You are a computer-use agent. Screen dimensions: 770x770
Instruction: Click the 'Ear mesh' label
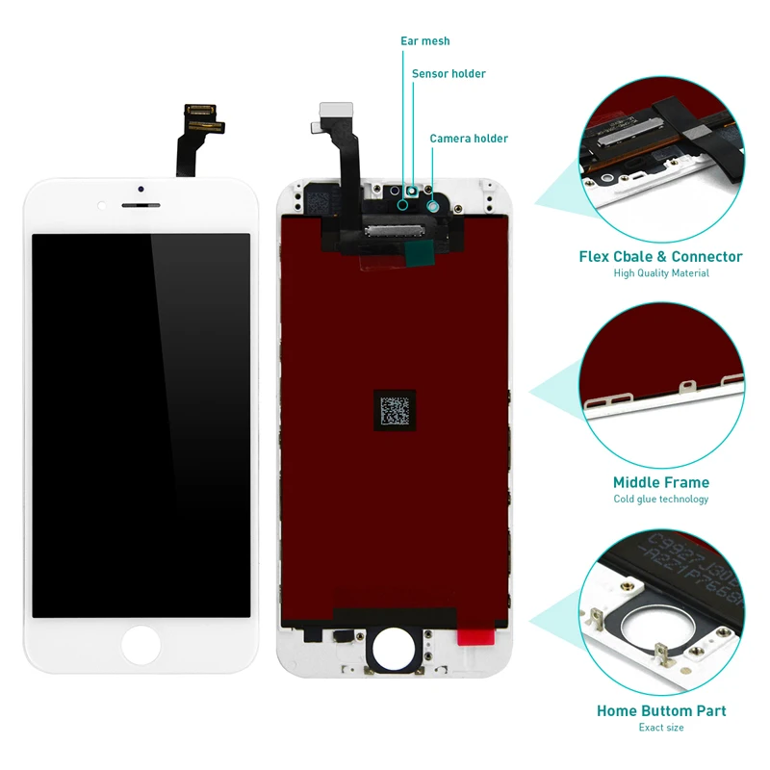tap(424, 41)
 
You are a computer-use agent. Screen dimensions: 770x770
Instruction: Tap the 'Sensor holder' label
tap(449, 74)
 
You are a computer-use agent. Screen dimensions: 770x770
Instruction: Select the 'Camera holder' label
tap(468, 139)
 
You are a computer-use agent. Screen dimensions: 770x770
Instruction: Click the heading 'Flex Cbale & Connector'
tap(660, 257)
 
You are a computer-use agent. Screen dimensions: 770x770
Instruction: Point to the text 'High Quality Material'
tap(661, 273)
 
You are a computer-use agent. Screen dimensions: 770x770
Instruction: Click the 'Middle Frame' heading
tap(661, 482)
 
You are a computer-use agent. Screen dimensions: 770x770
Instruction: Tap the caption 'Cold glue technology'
tap(661, 499)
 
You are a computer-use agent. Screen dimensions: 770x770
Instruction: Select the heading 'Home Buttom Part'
tap(661, 711)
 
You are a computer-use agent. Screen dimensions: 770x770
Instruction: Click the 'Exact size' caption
tap(661, 728)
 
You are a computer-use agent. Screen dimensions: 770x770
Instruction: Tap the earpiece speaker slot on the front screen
tap(141, 204)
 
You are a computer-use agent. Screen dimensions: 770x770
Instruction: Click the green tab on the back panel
tap(417, 253)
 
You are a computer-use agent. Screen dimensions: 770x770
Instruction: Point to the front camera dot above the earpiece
tap(141, 188)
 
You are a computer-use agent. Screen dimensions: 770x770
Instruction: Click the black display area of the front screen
tap(141, 423)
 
